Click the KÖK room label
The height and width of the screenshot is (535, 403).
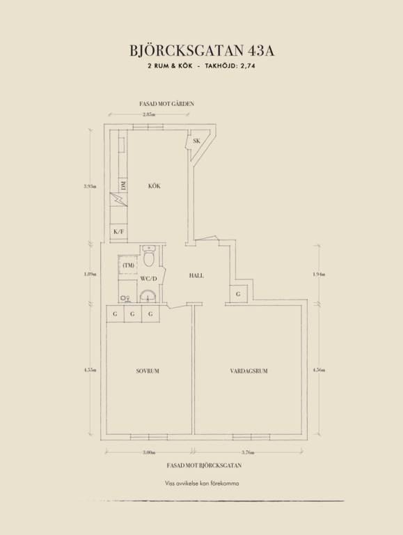click(154, 186)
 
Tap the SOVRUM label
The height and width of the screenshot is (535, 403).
click(148, 371)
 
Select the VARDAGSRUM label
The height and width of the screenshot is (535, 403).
click(248, 371)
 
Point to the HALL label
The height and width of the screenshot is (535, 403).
click(196, 276)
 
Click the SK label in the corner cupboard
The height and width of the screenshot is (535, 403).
click(196, 141)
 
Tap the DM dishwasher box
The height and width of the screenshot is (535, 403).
click(123, 185)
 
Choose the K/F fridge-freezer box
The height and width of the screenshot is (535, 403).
click(118, 232)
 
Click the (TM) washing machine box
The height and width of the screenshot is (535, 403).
click(128, 265)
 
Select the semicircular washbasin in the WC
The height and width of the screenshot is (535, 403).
click(148, 296)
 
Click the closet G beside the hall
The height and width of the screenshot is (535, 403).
click(238, 293)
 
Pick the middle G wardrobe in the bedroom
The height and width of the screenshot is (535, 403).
click(132, 314)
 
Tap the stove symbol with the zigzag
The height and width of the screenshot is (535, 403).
click(118, 200)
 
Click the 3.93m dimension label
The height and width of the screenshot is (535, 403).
click(90, 186)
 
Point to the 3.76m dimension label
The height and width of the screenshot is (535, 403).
click(248, 452)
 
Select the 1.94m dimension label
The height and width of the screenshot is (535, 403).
click(319, 274)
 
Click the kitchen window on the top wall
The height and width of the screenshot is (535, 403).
click(148, 127)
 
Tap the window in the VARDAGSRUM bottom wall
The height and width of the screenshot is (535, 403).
click(251, 437)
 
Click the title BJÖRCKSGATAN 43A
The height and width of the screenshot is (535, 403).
click(202, 50)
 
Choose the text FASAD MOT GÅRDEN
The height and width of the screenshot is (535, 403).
click(167, 104)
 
